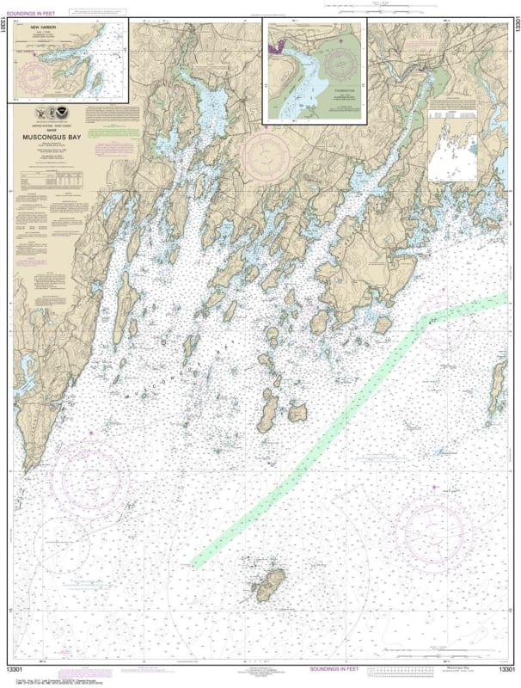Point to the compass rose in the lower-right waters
438,522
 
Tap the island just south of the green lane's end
269,585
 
